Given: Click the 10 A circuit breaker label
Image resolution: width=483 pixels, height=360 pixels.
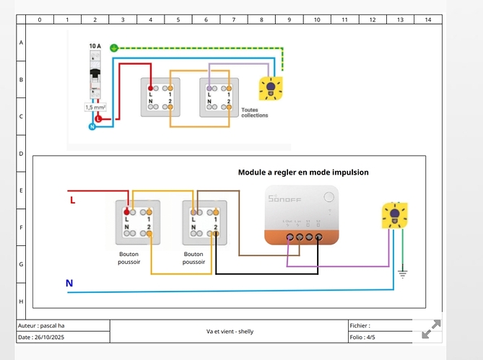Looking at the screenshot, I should (x=95, y=45).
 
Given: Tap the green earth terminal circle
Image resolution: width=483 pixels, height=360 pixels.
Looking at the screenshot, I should (x=113, y=48).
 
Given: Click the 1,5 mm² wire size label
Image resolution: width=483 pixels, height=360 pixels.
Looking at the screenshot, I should (x=95, y=107).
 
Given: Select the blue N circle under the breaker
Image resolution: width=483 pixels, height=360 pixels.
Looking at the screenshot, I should (x=92, y=127).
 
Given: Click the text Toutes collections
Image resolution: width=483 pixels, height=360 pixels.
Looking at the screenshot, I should (x=254, y=113).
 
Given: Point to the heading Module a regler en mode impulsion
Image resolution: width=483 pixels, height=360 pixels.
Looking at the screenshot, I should (x=303, y=172).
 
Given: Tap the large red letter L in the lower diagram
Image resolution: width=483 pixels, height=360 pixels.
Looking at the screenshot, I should (x=72, y=200).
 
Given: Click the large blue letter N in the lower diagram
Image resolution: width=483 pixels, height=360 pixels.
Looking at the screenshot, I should (x=69, y=283).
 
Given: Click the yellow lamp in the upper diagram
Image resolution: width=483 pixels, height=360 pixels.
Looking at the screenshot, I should (x=271, y=88).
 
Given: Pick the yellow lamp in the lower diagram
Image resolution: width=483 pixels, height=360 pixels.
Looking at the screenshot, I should (x=394, y=215).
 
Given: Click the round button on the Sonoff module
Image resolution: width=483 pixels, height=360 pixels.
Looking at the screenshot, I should (x=328, y=197).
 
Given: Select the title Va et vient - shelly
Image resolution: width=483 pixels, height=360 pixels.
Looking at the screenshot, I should (x=230, y=332).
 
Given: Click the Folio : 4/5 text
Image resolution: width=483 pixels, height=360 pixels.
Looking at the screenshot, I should (x=362, y=337).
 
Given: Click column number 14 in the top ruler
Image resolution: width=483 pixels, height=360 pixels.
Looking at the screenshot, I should (x=427, y=19).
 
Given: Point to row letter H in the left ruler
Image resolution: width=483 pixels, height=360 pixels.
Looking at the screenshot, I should (x=22, y=300).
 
